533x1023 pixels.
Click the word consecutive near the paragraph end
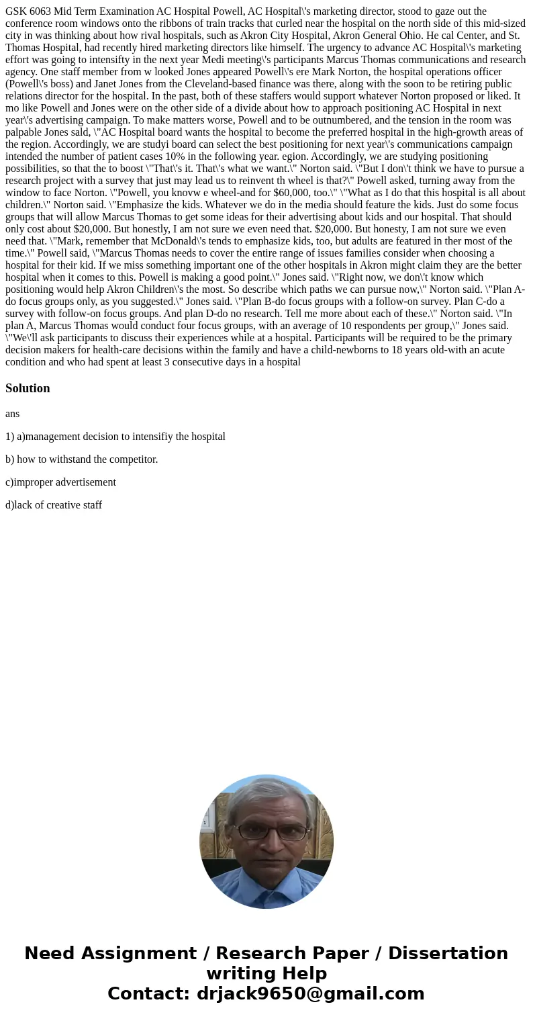(x=205, y=362)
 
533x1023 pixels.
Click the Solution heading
(x=28, y=388)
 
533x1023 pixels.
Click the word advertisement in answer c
(x=85, y=482)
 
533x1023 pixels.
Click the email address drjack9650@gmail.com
(x=310, y=994)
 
